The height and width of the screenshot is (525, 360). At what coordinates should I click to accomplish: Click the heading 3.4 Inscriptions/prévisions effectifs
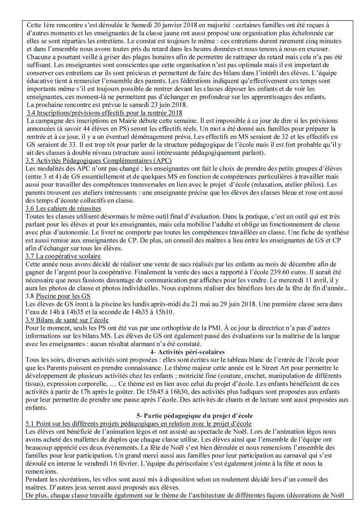coord(104,113)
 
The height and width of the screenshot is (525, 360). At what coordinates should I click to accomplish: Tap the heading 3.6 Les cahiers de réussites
coord(64,208)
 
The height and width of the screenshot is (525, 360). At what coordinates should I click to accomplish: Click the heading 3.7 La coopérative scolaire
coord(63,256)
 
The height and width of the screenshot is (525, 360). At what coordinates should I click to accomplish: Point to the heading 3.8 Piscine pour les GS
coord(58,296)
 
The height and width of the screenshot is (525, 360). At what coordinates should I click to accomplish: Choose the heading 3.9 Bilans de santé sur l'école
coord(67,320)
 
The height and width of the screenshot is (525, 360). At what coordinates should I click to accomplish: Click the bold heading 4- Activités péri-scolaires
coord(187,352)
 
